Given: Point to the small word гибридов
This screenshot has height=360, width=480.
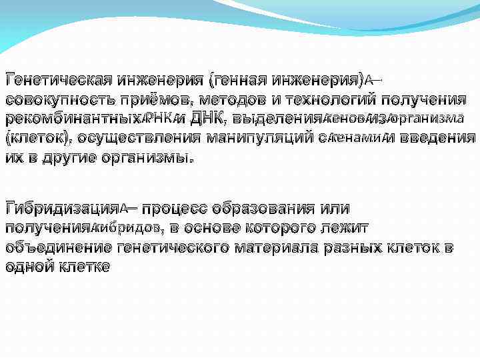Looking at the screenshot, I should [x=131, y=227].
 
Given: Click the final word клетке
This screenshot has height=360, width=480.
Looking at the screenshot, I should [x=84, y=267].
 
